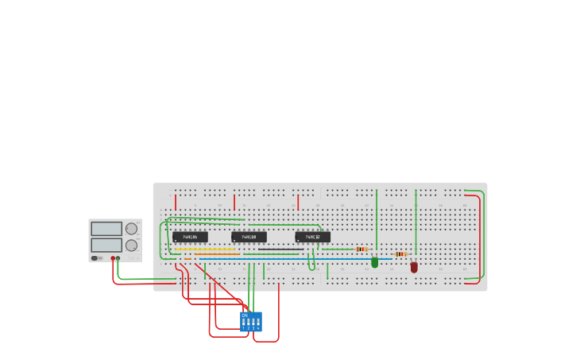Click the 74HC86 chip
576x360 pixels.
[x=190, y=237]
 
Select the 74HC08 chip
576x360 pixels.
[x=249, y=237]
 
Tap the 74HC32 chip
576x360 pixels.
[x=312, y=237]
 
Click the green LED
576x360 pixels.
[x=375, y=262]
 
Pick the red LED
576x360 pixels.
[x=414, y=268]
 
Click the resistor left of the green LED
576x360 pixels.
[x=361, y=250]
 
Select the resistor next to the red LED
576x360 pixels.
[x=400, y=254]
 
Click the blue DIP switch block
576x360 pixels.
[x=251, y=321]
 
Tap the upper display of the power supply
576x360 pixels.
[x=106, y=229]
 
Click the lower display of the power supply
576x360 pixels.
[x=106, y=245]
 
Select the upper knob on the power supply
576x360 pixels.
[x=131, y=229]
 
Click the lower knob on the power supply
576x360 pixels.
[x=131, y=245]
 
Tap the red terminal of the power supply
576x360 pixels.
[x=113, y=258]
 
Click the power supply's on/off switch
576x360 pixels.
[x=95, y=258]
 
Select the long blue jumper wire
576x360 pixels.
[x=294, y=259]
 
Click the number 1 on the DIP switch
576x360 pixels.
[x=244, y=327]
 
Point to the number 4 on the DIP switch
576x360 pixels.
[x=258, y=327]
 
